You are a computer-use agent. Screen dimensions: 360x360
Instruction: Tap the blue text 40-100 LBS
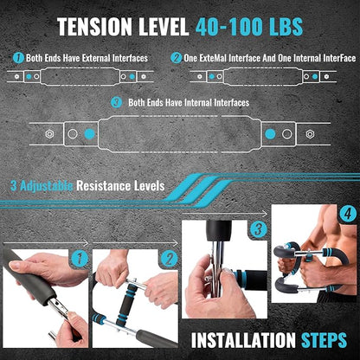(249, 27)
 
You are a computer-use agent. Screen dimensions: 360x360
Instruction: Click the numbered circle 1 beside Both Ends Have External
(18, 58)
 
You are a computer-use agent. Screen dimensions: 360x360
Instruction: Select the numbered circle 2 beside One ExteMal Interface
(176, 58)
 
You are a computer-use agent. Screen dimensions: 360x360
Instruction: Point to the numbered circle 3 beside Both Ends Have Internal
(116, 102)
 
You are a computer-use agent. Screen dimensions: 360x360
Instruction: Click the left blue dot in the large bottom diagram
(89, 134)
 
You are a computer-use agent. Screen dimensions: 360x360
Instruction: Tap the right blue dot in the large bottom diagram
(270, 134)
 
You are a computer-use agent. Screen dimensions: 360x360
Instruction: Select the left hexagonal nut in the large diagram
(49, 134)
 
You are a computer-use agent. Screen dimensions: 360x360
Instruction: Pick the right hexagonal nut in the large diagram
(310, 134)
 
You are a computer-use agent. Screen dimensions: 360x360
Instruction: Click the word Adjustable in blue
(46, 186)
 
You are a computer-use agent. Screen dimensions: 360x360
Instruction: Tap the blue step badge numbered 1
(79, 259)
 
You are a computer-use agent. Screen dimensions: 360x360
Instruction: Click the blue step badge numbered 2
(169, 259)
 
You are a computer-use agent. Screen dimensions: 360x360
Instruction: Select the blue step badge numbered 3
(258, 229)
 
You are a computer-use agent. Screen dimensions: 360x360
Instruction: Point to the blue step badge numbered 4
(348, 215)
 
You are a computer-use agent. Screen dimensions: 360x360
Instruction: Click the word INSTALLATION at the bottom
(243, 340)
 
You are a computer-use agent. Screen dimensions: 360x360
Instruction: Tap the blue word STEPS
(324, 340)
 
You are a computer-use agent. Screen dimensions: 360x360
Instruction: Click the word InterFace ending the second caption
(339, 58)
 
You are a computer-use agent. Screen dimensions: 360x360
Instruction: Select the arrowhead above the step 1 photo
(86, 242)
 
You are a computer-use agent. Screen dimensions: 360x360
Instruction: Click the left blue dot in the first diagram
(29, 76)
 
